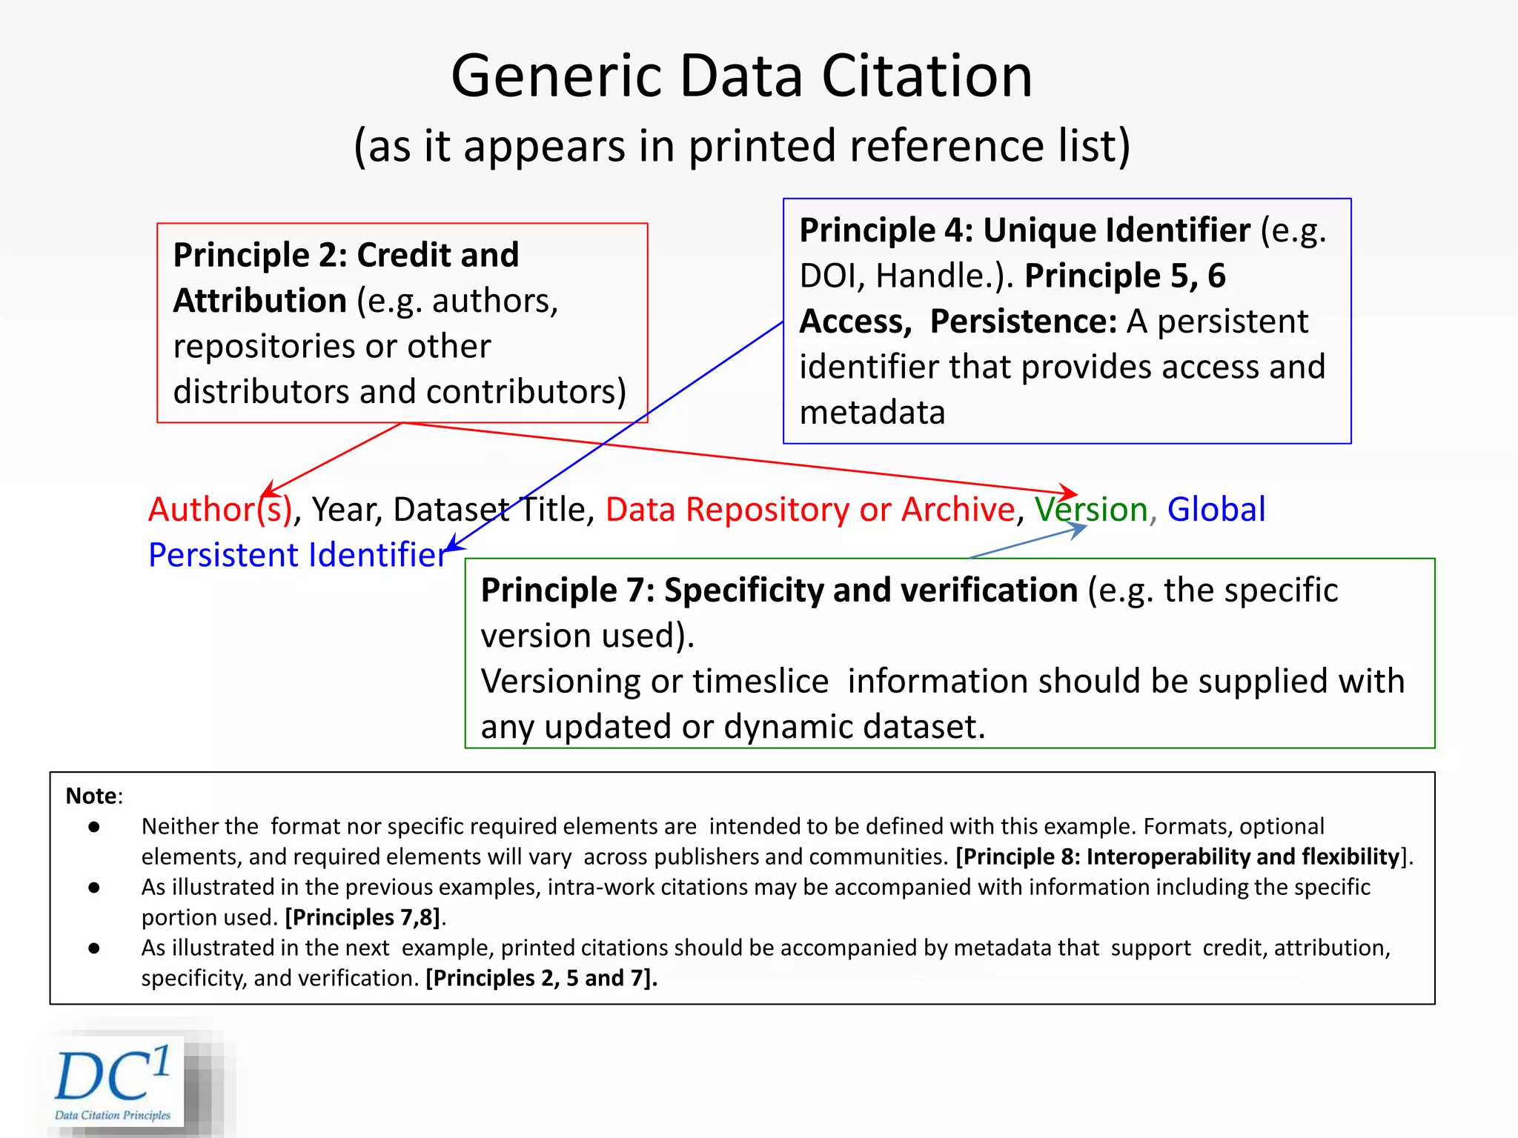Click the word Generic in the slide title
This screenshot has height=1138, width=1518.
tap(556, 78)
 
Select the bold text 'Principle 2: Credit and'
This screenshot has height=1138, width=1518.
tap(345, 256)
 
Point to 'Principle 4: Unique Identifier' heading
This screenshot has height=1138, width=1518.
tap(1024, 230)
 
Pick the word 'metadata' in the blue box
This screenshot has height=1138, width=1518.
tap(872, 413)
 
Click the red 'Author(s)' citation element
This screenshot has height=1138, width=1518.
tap(220, 510)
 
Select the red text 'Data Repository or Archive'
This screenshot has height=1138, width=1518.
tap(809, 510)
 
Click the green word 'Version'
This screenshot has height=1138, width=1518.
tap(1091, 510)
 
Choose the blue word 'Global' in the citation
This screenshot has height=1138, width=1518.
tap(1216, 510)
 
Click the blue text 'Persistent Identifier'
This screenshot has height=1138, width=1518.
tap(297, 555)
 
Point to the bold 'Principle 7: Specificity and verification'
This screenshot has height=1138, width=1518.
tap(778, 590)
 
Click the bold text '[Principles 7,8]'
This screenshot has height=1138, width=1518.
tap(362, 917)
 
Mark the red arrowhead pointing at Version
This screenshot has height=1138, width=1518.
tap(1070, 493)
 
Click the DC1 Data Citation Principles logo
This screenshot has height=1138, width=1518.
tap(116, 1082)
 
